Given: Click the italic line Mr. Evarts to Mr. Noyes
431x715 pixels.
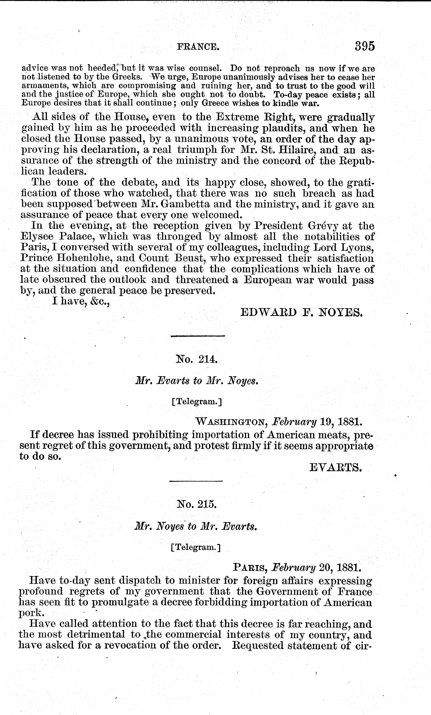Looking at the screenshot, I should (196, 381).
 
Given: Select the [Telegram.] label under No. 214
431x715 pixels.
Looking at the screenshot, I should (196, 402).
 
